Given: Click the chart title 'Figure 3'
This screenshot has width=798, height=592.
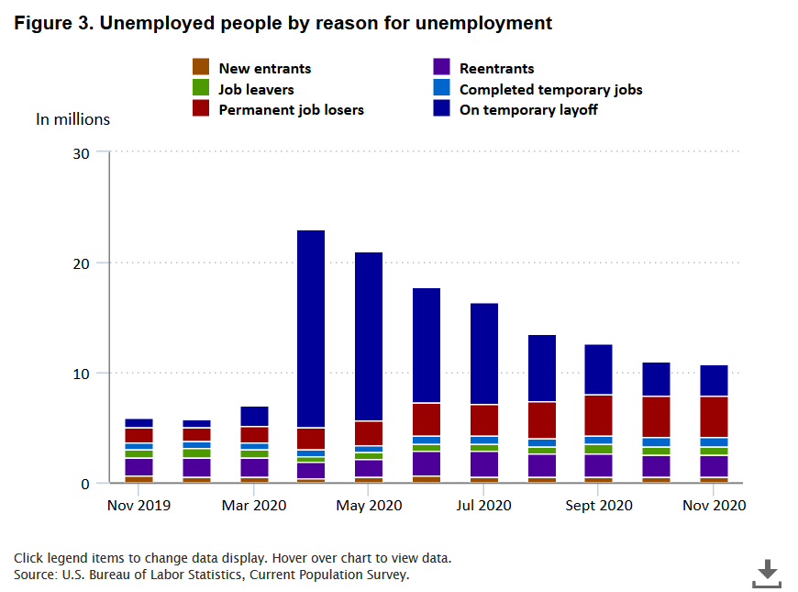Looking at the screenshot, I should tap(283, 23).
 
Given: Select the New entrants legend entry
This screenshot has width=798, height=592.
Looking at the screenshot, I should tap(264, 68).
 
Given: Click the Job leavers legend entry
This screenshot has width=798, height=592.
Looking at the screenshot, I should tap(256, 89).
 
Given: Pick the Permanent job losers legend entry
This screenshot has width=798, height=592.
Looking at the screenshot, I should tap(291, 110).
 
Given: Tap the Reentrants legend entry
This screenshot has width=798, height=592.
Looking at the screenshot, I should tap(496, 68).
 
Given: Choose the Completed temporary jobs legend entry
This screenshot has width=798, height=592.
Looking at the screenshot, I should tap(550, 89).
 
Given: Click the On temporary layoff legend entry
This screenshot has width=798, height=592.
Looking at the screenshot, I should tap(528, 110).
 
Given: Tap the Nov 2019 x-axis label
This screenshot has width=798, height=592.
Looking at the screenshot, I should tap(138, 506).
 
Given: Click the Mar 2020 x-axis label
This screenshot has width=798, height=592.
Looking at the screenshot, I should tap(254, 506).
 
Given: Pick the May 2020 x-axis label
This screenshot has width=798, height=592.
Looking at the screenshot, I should tap(370, 506).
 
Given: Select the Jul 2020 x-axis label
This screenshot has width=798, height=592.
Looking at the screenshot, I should tap(483, 506).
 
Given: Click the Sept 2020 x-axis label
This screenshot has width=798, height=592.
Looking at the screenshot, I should tap(598, 506).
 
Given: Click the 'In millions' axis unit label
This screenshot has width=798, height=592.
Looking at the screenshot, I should tap(72, 119).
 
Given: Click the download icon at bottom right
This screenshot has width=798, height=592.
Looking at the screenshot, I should tap(767, 573).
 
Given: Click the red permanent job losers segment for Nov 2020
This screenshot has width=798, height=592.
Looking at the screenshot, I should tap(714, 417).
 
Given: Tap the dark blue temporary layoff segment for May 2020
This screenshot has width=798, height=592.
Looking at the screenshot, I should tap(369, 336).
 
